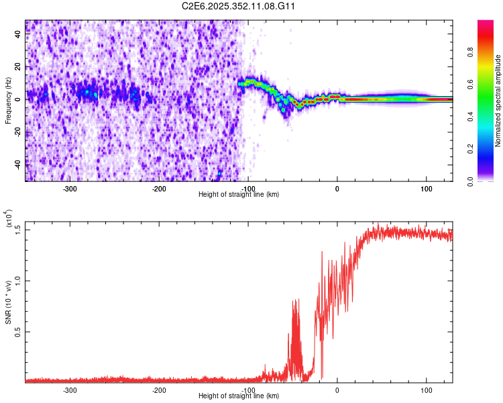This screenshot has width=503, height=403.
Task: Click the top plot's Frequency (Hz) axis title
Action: tap(8, 101)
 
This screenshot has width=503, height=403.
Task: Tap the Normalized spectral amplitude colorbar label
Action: tap(498, 101)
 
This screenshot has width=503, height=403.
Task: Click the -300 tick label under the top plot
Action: tap(70, 189)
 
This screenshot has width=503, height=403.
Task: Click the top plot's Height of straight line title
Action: tap(239, 195)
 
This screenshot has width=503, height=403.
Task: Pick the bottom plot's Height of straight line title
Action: tap(239, 396)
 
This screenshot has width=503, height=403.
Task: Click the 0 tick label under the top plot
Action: tap(337, 189)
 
